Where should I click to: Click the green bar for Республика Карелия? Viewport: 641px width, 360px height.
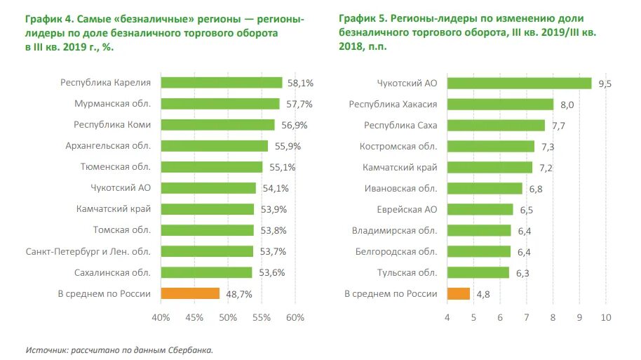click(x=222, y=83)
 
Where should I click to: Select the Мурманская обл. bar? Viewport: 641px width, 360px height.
click(x=220, y=104)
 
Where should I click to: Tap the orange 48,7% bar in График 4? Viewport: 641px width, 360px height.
click(x=190, y=293)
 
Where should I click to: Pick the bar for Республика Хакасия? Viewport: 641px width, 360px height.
click(x=500, y=105)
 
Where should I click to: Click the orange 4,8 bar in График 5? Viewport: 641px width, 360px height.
click(x=458, y=293)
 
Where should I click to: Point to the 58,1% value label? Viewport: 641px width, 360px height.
click(x=300, y=83)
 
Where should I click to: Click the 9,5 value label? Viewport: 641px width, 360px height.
click(x=605, y=84)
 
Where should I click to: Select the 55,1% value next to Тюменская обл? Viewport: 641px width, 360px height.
click(x=279, y=167)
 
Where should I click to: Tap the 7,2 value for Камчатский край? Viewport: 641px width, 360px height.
click(x=546, y=168)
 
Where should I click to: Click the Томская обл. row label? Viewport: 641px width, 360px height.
click(x=122, y=230)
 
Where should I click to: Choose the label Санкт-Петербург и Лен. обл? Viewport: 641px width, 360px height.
click(x=88, y=251)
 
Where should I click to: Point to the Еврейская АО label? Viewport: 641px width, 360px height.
click(x=407, y=209)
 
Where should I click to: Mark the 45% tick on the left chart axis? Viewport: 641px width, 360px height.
click(x=194, y=318)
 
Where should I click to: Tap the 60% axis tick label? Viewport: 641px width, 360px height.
click(x=295, y=318)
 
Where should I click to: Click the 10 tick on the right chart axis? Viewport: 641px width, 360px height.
click(x=606, y=318)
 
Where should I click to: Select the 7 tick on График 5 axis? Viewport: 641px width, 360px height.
click(x=527, y=318)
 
